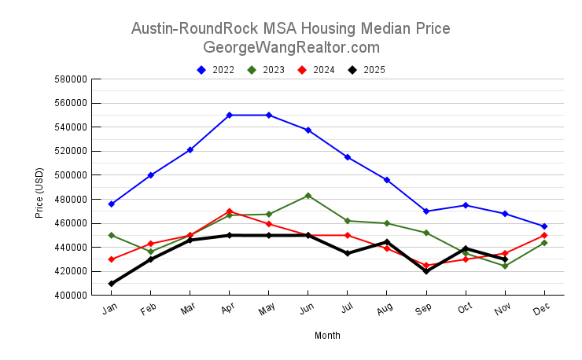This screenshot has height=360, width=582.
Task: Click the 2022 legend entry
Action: click(x=216, y=70)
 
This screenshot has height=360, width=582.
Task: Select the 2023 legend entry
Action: click(x=267, y=70)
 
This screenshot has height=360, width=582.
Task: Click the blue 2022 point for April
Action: click(x=229, y=115)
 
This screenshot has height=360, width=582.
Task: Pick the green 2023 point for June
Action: click(x=308, y=196)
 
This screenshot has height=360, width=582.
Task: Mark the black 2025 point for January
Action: click(x=111, y=284)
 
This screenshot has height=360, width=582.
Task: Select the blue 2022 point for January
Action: click(x=111, y=204)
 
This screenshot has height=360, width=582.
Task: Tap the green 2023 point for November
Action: click(x=505, y=266)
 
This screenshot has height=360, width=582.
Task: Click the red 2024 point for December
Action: click(x=544, y=235)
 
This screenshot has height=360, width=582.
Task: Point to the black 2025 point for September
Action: click(x=426, y=271)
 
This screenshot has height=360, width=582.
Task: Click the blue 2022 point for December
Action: click(x=544, y=226)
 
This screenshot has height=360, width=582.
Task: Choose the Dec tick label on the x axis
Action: click(x=543, y=310)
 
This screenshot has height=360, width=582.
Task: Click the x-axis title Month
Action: click(x=327, y=336)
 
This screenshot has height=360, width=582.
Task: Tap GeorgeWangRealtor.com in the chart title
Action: click(x=291, y=47)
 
